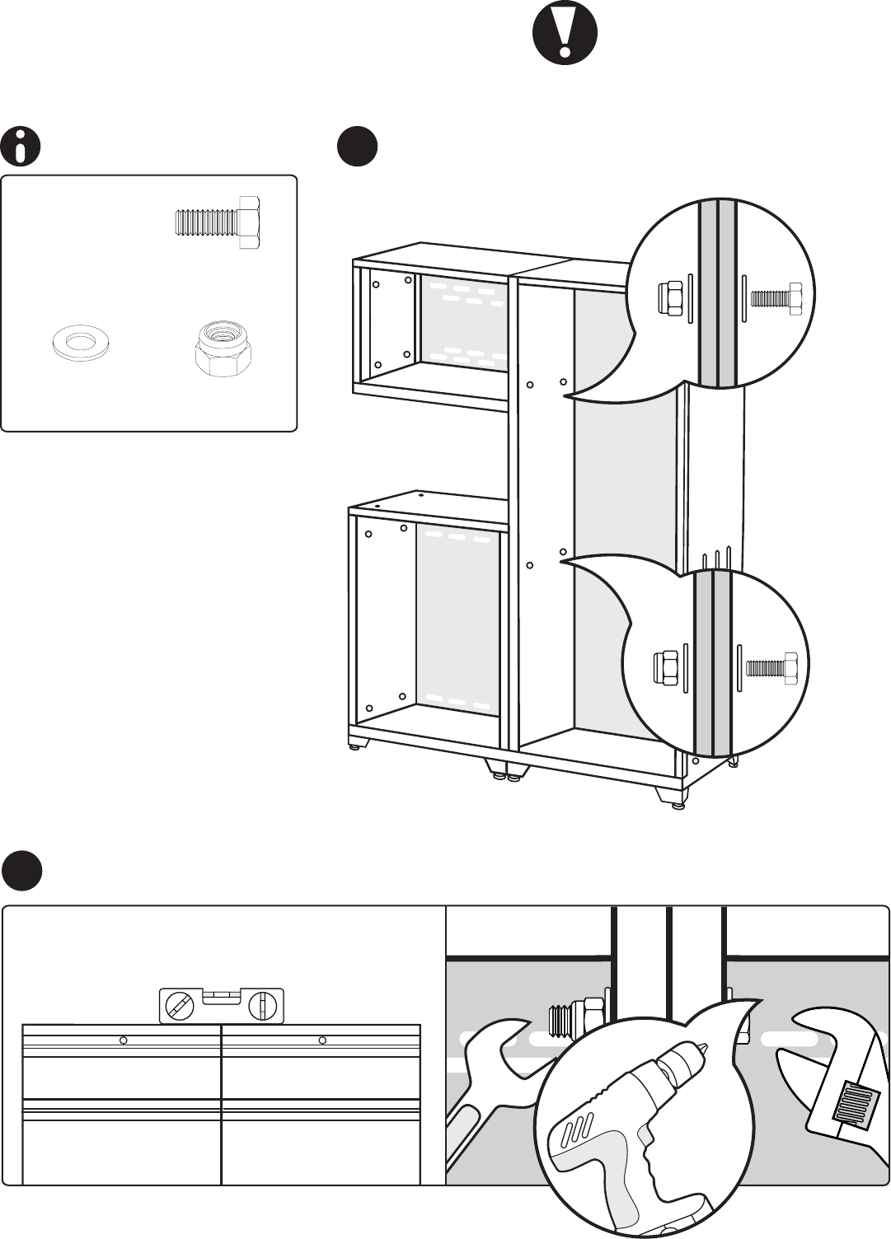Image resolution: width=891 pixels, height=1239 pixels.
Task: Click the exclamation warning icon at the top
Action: pos(565,34)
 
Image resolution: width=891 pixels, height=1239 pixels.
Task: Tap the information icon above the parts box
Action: pos(21,147)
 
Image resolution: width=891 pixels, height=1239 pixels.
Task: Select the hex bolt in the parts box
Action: pos(218,222)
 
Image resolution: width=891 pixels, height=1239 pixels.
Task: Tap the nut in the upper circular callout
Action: pos(669,298)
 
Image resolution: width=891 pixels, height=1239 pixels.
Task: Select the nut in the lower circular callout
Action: pos(666,666)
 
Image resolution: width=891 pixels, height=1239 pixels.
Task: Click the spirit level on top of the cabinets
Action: pos(221,1005)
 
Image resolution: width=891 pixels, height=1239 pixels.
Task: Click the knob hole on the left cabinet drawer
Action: pos(123,1040)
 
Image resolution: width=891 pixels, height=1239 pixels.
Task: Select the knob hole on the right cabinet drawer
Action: pos(321,1040)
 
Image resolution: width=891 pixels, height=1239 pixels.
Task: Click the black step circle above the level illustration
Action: pos(21,870)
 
